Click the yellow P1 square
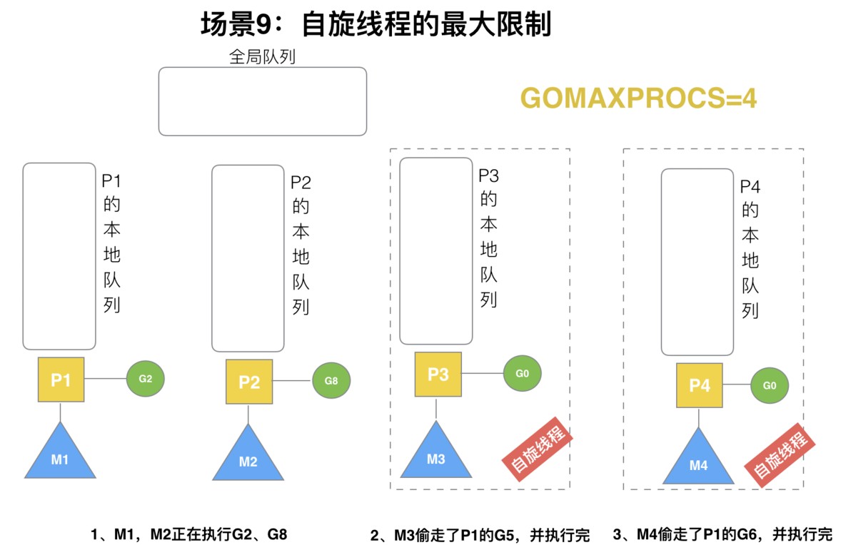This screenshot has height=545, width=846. (x=61, y=380)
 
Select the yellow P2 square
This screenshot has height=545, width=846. (x=249, y=382)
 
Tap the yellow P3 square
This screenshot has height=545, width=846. (x=438, y=373)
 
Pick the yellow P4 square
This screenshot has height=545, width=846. (x=700, y=385)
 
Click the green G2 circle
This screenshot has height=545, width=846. (x=146, y=379)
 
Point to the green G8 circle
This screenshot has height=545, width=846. (x=331, y=380)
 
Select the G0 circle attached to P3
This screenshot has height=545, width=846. (x=522, y=372)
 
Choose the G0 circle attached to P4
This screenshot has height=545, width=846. (x=770, y=385)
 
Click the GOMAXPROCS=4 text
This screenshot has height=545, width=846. (x=639, y=98)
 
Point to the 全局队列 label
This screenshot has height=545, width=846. (x=262, y=57)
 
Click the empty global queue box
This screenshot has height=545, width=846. (x=262, y=101)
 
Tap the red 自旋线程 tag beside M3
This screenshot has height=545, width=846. (x=538, y=448)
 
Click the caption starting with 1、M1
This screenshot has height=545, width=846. (x=188, y=534)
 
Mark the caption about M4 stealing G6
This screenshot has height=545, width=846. (x=722, y=534)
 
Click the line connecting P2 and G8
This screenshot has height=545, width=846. (x=293, y=381)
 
